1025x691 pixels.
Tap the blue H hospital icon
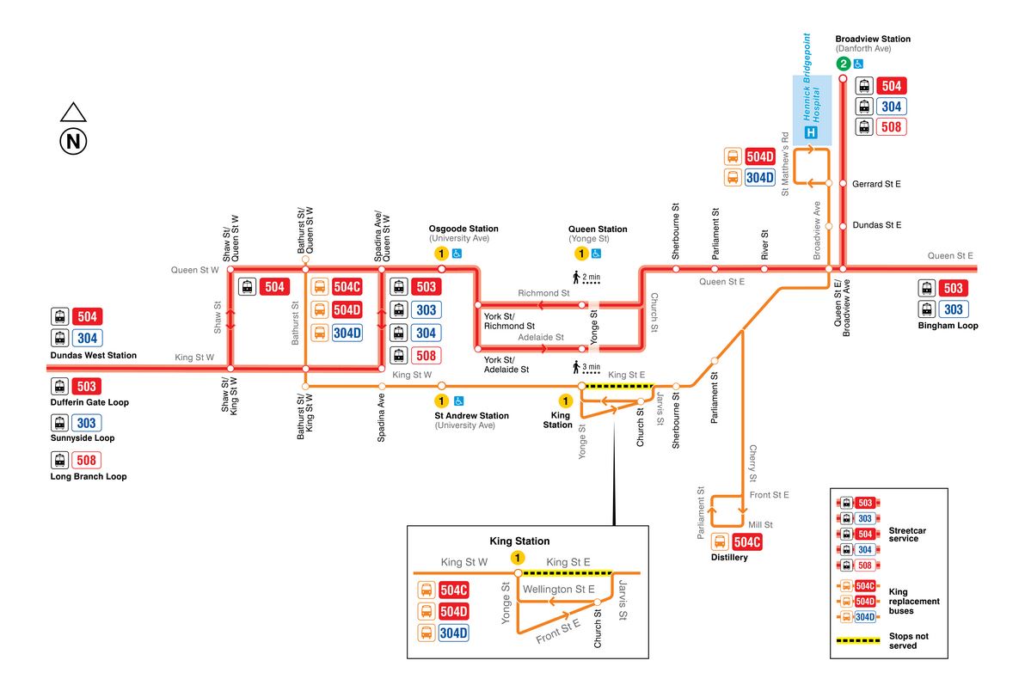[x=810, y=132]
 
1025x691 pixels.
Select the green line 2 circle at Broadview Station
[x=843, y=64]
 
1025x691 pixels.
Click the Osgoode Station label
[x=463, y=229]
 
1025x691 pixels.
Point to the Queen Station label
[x=598, y=229]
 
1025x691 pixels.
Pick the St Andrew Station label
[x=471, y=416]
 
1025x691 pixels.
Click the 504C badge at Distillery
[x=746, y=541]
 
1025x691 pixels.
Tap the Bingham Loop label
[x=948, y=326]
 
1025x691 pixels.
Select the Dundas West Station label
[x=94, y=355]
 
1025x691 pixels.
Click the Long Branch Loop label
[x=89, y=476]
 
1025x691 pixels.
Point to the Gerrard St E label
[x=876, y=184]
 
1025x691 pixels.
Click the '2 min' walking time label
[x=592, y=277]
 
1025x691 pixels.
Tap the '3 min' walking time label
[x=592, y=367]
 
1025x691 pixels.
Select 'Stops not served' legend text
[x=909, y=640]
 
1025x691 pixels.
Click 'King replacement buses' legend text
[x=915, y=602]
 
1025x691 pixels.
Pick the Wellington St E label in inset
[x=560, y=590]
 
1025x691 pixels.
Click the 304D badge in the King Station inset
[x=453, y=633]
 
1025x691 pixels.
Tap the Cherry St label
[x=752, y=464]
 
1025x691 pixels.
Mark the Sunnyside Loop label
[x=83, y=438]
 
